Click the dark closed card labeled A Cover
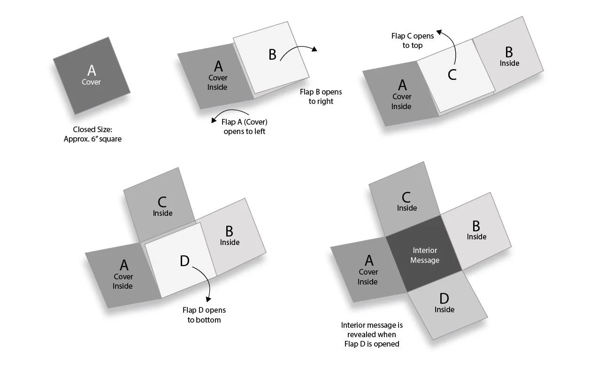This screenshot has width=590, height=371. click(x=92, y=75)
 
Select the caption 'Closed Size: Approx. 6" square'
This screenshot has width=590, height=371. click(x=92, y=134)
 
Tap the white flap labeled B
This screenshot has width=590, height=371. click(x=271, y=56)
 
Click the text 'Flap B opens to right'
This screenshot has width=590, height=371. click(x=321, y=96)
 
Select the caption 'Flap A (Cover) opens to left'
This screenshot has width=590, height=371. click(x=245, y=126)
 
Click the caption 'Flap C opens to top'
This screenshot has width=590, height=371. click(x=413, y=40)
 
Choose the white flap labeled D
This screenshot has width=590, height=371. click(x=181, y=261)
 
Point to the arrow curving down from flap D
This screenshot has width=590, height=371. click(x=205, y=282)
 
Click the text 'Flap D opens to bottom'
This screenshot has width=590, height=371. click(x=204, y=315)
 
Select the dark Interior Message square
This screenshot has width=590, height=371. click(x=425, y=255)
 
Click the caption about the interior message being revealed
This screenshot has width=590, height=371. click(x=372, y=334)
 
